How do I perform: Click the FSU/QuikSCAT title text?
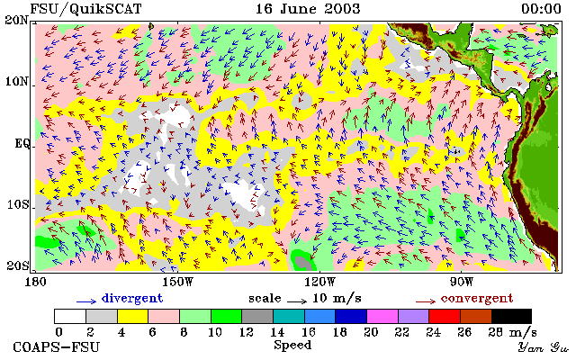[x=85, y=9]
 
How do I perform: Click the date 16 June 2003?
[x=308, y=9]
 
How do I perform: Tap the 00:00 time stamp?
[x=541, y=9]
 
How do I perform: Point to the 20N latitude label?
[x=16, y=20]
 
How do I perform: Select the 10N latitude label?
[x=16, y=81]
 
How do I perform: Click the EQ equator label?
[x=22, y=143]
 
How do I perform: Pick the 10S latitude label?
[x=18, y=205]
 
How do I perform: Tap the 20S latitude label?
[x=18, y=265]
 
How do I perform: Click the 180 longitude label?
[x=35, y=282]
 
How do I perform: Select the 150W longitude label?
[x=177, y=282]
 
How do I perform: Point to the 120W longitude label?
[x=319, y=282]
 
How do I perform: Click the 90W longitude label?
[x=462, y=282]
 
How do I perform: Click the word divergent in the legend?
[x=132, y=299]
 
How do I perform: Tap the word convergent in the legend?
[x=477, y=299]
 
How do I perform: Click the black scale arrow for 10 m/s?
[x=297, y=301]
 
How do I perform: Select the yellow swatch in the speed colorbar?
[x=133, y=316]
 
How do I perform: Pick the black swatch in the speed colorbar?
[x=511, y=316]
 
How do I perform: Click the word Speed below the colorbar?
[x=292, y=345]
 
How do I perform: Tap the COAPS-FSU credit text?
[x=57, y=347]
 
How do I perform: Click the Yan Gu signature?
[x=544, y=347]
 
